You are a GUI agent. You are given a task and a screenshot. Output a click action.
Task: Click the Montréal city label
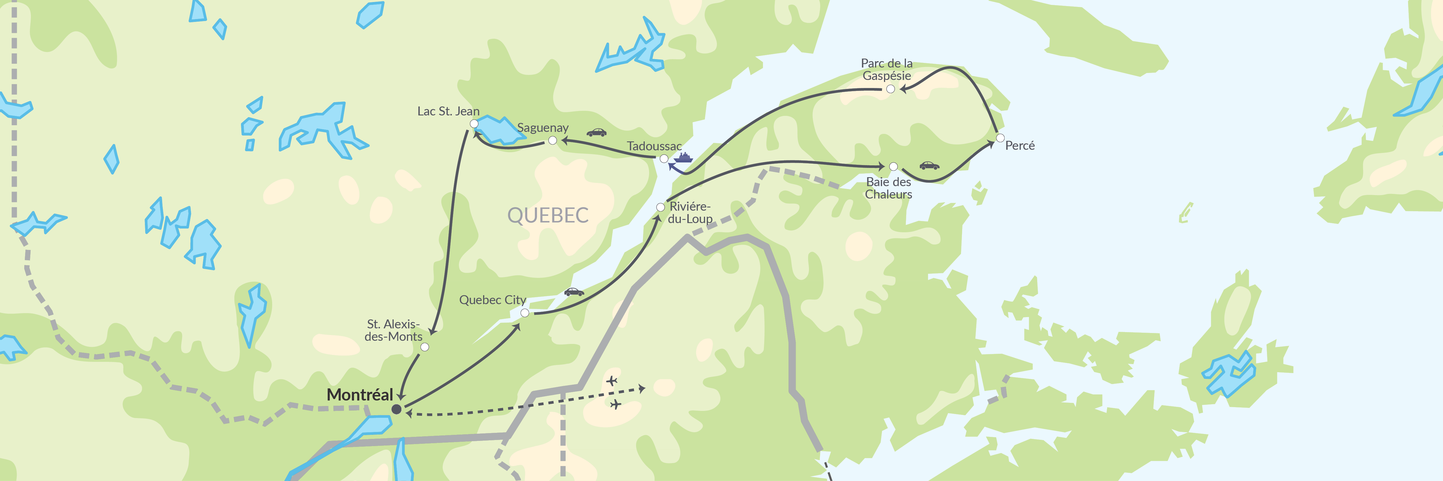(360, 395)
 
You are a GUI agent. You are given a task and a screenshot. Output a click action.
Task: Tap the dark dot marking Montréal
(396, 409)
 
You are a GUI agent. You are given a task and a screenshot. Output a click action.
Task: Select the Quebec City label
(492, 300)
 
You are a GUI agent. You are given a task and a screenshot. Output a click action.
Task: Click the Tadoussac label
(654, 146)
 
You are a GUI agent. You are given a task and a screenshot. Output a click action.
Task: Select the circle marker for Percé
(1000, 138)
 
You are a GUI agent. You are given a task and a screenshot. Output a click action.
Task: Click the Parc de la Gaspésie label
(887, 70)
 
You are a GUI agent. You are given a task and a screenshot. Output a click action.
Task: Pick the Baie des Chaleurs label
(888, 188)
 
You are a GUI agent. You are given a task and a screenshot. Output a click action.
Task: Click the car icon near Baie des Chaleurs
(929, 166)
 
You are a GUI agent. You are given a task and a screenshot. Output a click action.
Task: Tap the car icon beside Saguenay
(597, 133)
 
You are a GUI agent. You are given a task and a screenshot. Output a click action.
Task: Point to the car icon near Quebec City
(574, 292)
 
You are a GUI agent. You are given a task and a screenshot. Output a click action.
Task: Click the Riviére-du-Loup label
(690, 213)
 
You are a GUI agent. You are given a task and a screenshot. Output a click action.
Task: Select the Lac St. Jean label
(448, 111)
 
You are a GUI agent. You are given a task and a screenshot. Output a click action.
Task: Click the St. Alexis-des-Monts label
(393, 330)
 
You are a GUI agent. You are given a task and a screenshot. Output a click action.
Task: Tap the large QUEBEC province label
(548, 215)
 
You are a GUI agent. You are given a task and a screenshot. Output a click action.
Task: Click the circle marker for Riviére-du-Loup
(660, 207)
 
